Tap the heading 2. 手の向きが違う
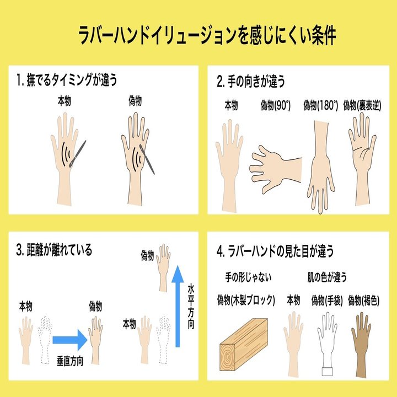click(250, 82)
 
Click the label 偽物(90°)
click(275, 105)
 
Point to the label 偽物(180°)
click(320, 105)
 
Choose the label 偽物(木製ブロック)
click(246, 300)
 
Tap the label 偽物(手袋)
click(327, 300)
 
